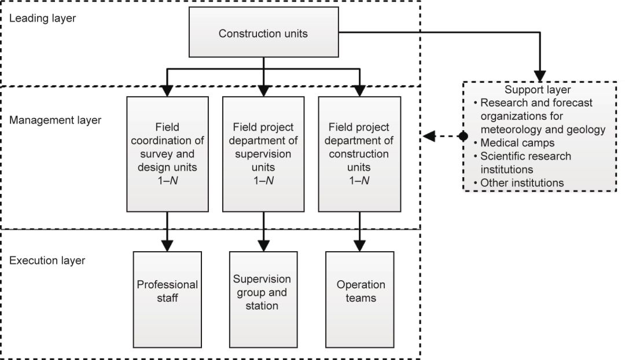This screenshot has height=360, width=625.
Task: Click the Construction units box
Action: pyautogui.click(x=263, y=34)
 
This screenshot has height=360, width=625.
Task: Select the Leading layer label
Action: pyautogui.click(x=42, y=18)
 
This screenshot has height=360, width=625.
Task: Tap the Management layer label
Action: pyautogui.click(x=55, y=120)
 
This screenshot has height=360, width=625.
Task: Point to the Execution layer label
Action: pyautogui.click(x=47, y=260)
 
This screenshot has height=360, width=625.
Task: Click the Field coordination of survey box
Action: pyautogui.click(x=167, y=153)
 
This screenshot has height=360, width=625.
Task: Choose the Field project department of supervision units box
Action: pyautogui.click(x=263, y=153)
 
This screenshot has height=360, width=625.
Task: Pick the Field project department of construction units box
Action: pyautogui.click(x=359, y=153)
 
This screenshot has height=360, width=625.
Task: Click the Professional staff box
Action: pyautogui.click(x=167, y=291)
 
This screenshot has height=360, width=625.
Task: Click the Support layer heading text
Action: pyautogui.click(x=538, y=90)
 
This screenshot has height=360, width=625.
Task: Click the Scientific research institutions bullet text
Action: pyautogui.click(x=525, y=163)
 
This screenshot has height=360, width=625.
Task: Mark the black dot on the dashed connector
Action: pyautogui.click(x=463, y=137)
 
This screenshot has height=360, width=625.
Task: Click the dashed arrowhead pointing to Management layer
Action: pyautogui.click(x=429, y=137)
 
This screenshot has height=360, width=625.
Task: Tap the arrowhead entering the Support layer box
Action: pyautogui.click(x=540, y=75)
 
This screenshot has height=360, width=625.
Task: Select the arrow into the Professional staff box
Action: pyautogui.click(x=167, y=245)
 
